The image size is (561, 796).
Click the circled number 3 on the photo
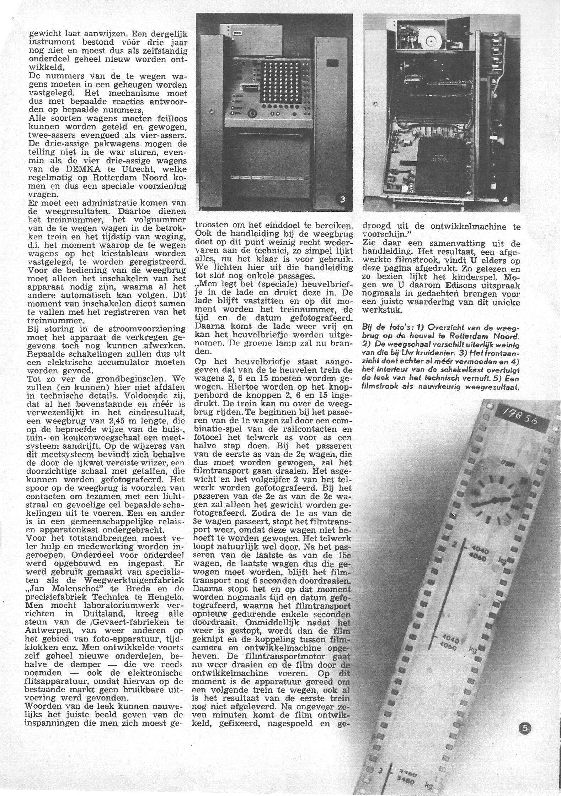click(342, 199)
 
